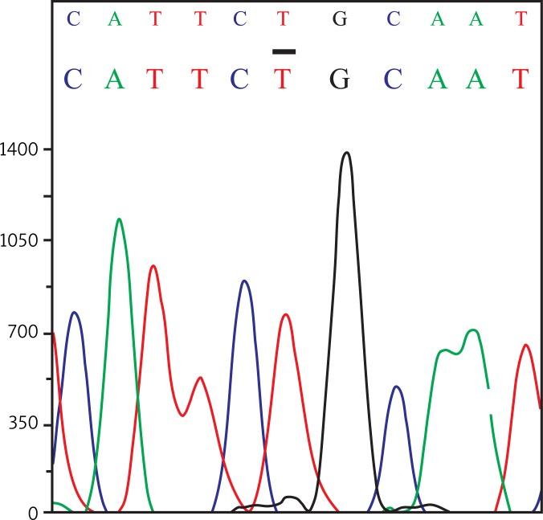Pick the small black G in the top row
coord(340,18)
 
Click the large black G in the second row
coord(340,78)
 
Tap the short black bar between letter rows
coord(284,51)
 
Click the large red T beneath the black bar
coord(282,78)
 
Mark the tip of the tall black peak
coord(346,153)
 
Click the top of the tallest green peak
coord(119,219)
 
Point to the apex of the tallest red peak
coord(153,266)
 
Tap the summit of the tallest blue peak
coord(244,281)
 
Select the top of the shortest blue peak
coord(395,387)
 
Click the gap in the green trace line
coord(490,401)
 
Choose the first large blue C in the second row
coord(73,78)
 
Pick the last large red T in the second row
coord(521,78)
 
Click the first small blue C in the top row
coord(73,18)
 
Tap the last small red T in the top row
coord(521,18)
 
